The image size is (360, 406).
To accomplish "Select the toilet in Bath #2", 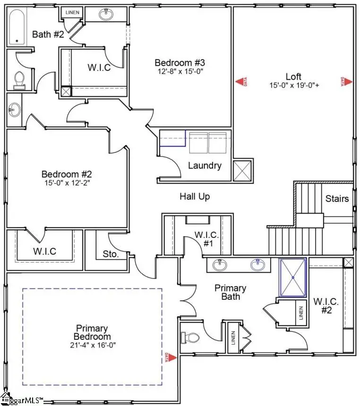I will point(19,80).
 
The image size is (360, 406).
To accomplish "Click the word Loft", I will point(293,76).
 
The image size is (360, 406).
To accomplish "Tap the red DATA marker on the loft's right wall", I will point(347,82).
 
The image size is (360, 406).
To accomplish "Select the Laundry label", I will point(205,166).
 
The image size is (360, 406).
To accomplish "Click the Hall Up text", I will point(195,196).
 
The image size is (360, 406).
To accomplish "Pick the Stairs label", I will point(337,198).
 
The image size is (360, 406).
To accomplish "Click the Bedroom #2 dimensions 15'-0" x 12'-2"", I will point(66,183).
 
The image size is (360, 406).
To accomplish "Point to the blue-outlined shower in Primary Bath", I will point(292,278).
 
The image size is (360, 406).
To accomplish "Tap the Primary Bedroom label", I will point(92,332).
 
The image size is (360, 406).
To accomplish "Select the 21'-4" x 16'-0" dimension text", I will point(92,345).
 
